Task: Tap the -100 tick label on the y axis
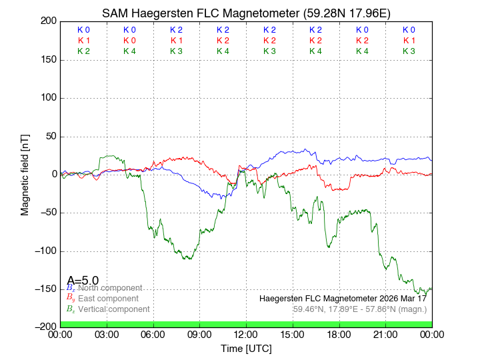tap(47, 251)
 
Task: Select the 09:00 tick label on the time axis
tap(200, 334)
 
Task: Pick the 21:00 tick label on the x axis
tap(386, 334)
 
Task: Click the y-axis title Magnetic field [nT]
tap(25, 173)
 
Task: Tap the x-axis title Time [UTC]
tap(246, 348)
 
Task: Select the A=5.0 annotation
tap(83, 281)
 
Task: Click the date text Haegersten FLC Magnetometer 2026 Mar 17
tap(343, 298)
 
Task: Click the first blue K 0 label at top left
tap(83, 30)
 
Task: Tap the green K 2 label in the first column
tap(83, 51)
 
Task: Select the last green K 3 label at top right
tap(409, 51)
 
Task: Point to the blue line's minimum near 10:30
tap(222, 198)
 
